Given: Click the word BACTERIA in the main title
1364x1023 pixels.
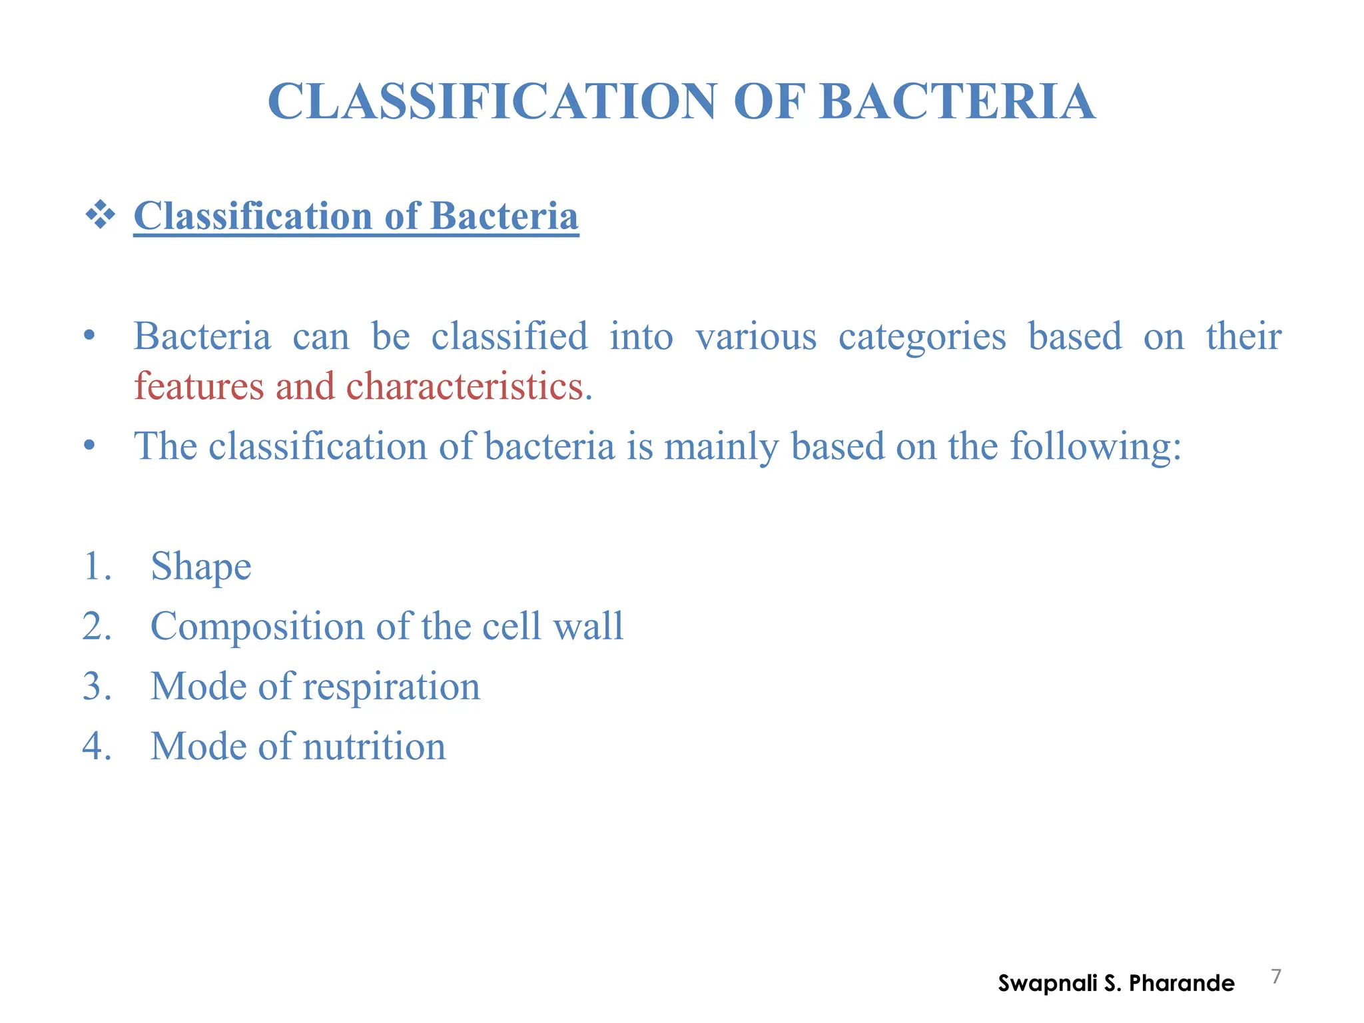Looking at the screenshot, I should [x=957, y=102].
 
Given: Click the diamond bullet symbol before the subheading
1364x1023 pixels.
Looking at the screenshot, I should [x=100, y=216].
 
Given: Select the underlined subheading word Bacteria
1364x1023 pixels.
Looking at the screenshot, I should [x=504, y=216].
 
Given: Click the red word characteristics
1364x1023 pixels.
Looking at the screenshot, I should [x=464, y=386].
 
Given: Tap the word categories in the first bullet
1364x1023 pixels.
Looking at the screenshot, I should [x=922, y=336].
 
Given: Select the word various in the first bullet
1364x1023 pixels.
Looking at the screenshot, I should [x=756, y=336].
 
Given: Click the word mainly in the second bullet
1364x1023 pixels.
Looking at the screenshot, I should [x=721, y=446].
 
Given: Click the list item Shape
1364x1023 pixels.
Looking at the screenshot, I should [x=200, y=567].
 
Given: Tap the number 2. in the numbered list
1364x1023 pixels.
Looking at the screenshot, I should [x=97, y=627].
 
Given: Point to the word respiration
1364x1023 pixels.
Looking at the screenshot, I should [x=391, y=687].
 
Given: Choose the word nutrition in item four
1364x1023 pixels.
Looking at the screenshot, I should [x=374, y=747].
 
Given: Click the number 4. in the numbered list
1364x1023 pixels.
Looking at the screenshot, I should [x=97, y=747].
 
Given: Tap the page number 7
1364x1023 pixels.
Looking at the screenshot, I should [x=1276, y=976].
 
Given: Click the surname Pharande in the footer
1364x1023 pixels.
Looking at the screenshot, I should [x=1182, y=983].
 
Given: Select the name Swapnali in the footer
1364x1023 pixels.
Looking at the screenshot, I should [x=1047, y=984].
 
